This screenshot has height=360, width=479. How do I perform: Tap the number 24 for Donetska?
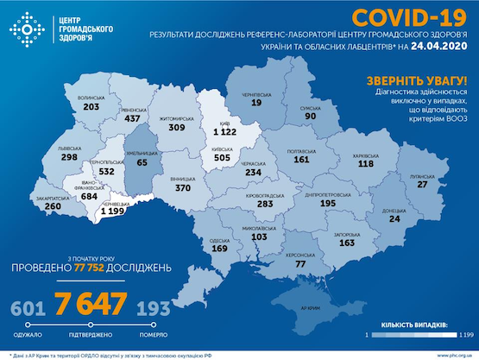click(396, 218)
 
